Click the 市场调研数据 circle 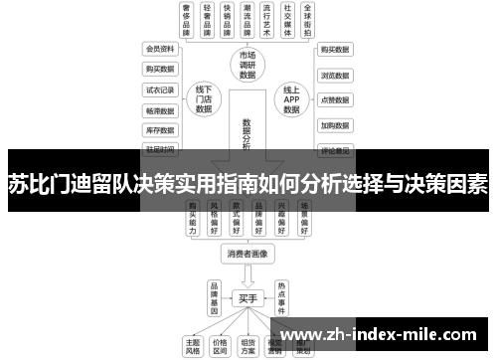coord(248,64)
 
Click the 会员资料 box coord(160,48)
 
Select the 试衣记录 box coord(160,89)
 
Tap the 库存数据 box coord(160,129)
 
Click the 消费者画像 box coord(248,254)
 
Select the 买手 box coord(248,297)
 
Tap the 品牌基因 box coord(213,296)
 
